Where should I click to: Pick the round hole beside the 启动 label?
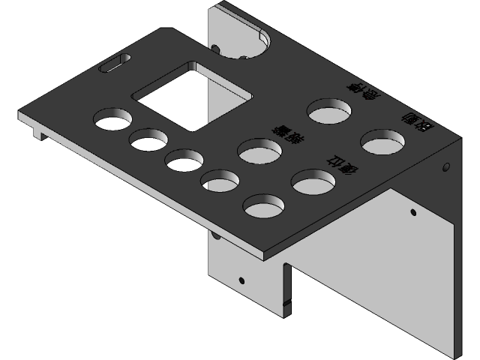point(382,140)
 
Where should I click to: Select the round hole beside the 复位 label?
point(313,181)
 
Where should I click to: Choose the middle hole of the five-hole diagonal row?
point(184,160)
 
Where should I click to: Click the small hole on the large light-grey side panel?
point(412,213)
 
